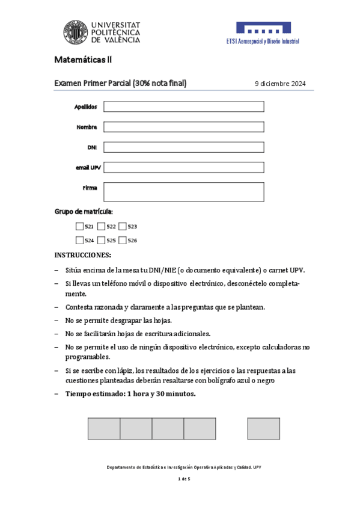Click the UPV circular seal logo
coord(76,32)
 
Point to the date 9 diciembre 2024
coord(280,84)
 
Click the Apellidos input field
coord(184,106)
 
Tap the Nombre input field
coord(184,127)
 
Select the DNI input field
coord(184,147)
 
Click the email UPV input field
coord(184,167)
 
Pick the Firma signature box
coord(184,191)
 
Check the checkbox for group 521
coord(80,227)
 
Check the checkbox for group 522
coord(101,227)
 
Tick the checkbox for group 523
coord(123,227)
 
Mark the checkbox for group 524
coord(80,241)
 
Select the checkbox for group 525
coord(101,241)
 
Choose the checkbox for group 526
coord(123,241)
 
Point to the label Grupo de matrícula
coord(84,212)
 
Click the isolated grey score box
coord(263,428)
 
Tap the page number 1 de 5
coord(184,479)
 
